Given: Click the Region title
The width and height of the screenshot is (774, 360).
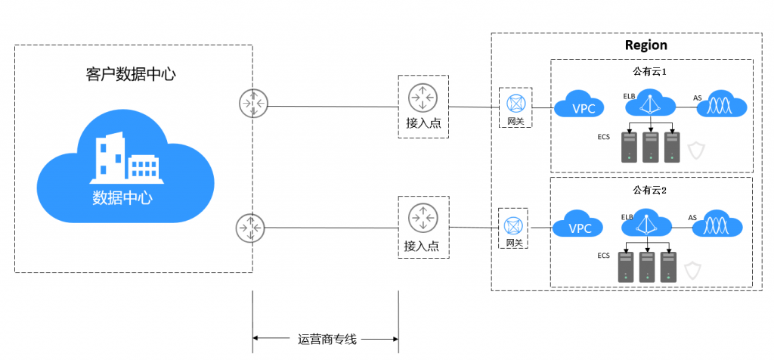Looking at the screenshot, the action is click(646, 45).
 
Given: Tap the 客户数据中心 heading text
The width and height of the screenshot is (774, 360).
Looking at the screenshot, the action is click(131, 75).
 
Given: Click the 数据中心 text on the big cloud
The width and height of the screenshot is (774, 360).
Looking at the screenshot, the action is click(122, 197).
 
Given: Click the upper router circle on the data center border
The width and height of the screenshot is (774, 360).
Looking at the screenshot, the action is click(252, 104).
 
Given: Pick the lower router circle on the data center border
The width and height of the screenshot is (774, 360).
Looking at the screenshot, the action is click(250, 228).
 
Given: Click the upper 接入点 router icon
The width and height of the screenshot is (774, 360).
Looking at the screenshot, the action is click(423, 98).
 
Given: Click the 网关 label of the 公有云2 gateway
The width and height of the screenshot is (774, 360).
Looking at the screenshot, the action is click(514, 243).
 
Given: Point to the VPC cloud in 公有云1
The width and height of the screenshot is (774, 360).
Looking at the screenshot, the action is click(579, 105).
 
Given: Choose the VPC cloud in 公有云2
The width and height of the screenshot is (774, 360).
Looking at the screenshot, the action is click(577, 226).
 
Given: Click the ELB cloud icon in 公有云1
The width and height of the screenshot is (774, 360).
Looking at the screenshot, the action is click(649, 103).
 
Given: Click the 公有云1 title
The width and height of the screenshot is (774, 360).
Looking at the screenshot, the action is click(650, 71).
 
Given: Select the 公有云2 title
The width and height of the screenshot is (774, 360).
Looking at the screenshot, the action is click(649, 190).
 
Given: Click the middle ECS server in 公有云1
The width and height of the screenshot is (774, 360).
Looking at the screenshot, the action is click(651, 147).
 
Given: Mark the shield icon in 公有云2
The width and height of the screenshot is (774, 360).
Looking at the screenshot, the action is click(692, 271).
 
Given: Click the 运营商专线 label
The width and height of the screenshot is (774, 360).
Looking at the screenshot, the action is click(327, 340).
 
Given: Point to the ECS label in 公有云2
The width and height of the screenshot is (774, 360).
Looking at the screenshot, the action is click(603, 256).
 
